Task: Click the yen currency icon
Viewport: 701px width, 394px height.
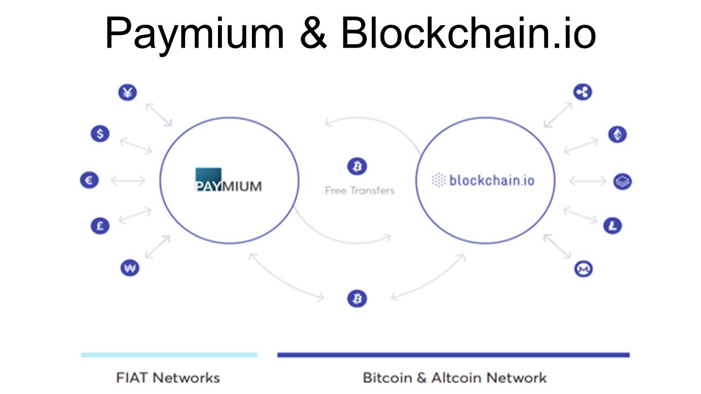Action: [128, 92]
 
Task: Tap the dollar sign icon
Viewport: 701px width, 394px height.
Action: [100, 134]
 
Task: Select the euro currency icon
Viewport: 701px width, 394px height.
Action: [89, 180]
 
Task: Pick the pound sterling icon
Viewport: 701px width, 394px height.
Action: [100, 225]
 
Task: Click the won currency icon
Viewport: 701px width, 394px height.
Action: [129, 268]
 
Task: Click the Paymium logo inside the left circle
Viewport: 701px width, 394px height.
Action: [228, 180]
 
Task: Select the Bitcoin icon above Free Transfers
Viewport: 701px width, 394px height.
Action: [357, 166]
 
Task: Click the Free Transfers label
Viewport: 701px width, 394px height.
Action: [359, 191]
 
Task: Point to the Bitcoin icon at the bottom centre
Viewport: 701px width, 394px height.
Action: [357, 299]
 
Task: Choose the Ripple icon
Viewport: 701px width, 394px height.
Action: [583, 92]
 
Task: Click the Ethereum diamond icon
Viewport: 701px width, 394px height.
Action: [617, 134]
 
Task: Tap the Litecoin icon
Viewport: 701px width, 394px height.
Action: [612, 225]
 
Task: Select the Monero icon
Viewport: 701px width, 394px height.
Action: [583, 269]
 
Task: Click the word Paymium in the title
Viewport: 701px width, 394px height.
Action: [194, 34]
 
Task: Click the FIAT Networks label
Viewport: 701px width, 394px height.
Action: [168, 378]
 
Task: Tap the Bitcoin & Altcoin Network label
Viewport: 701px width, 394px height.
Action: [455, 378]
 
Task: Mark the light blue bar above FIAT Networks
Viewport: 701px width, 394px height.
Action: [169, 355]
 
